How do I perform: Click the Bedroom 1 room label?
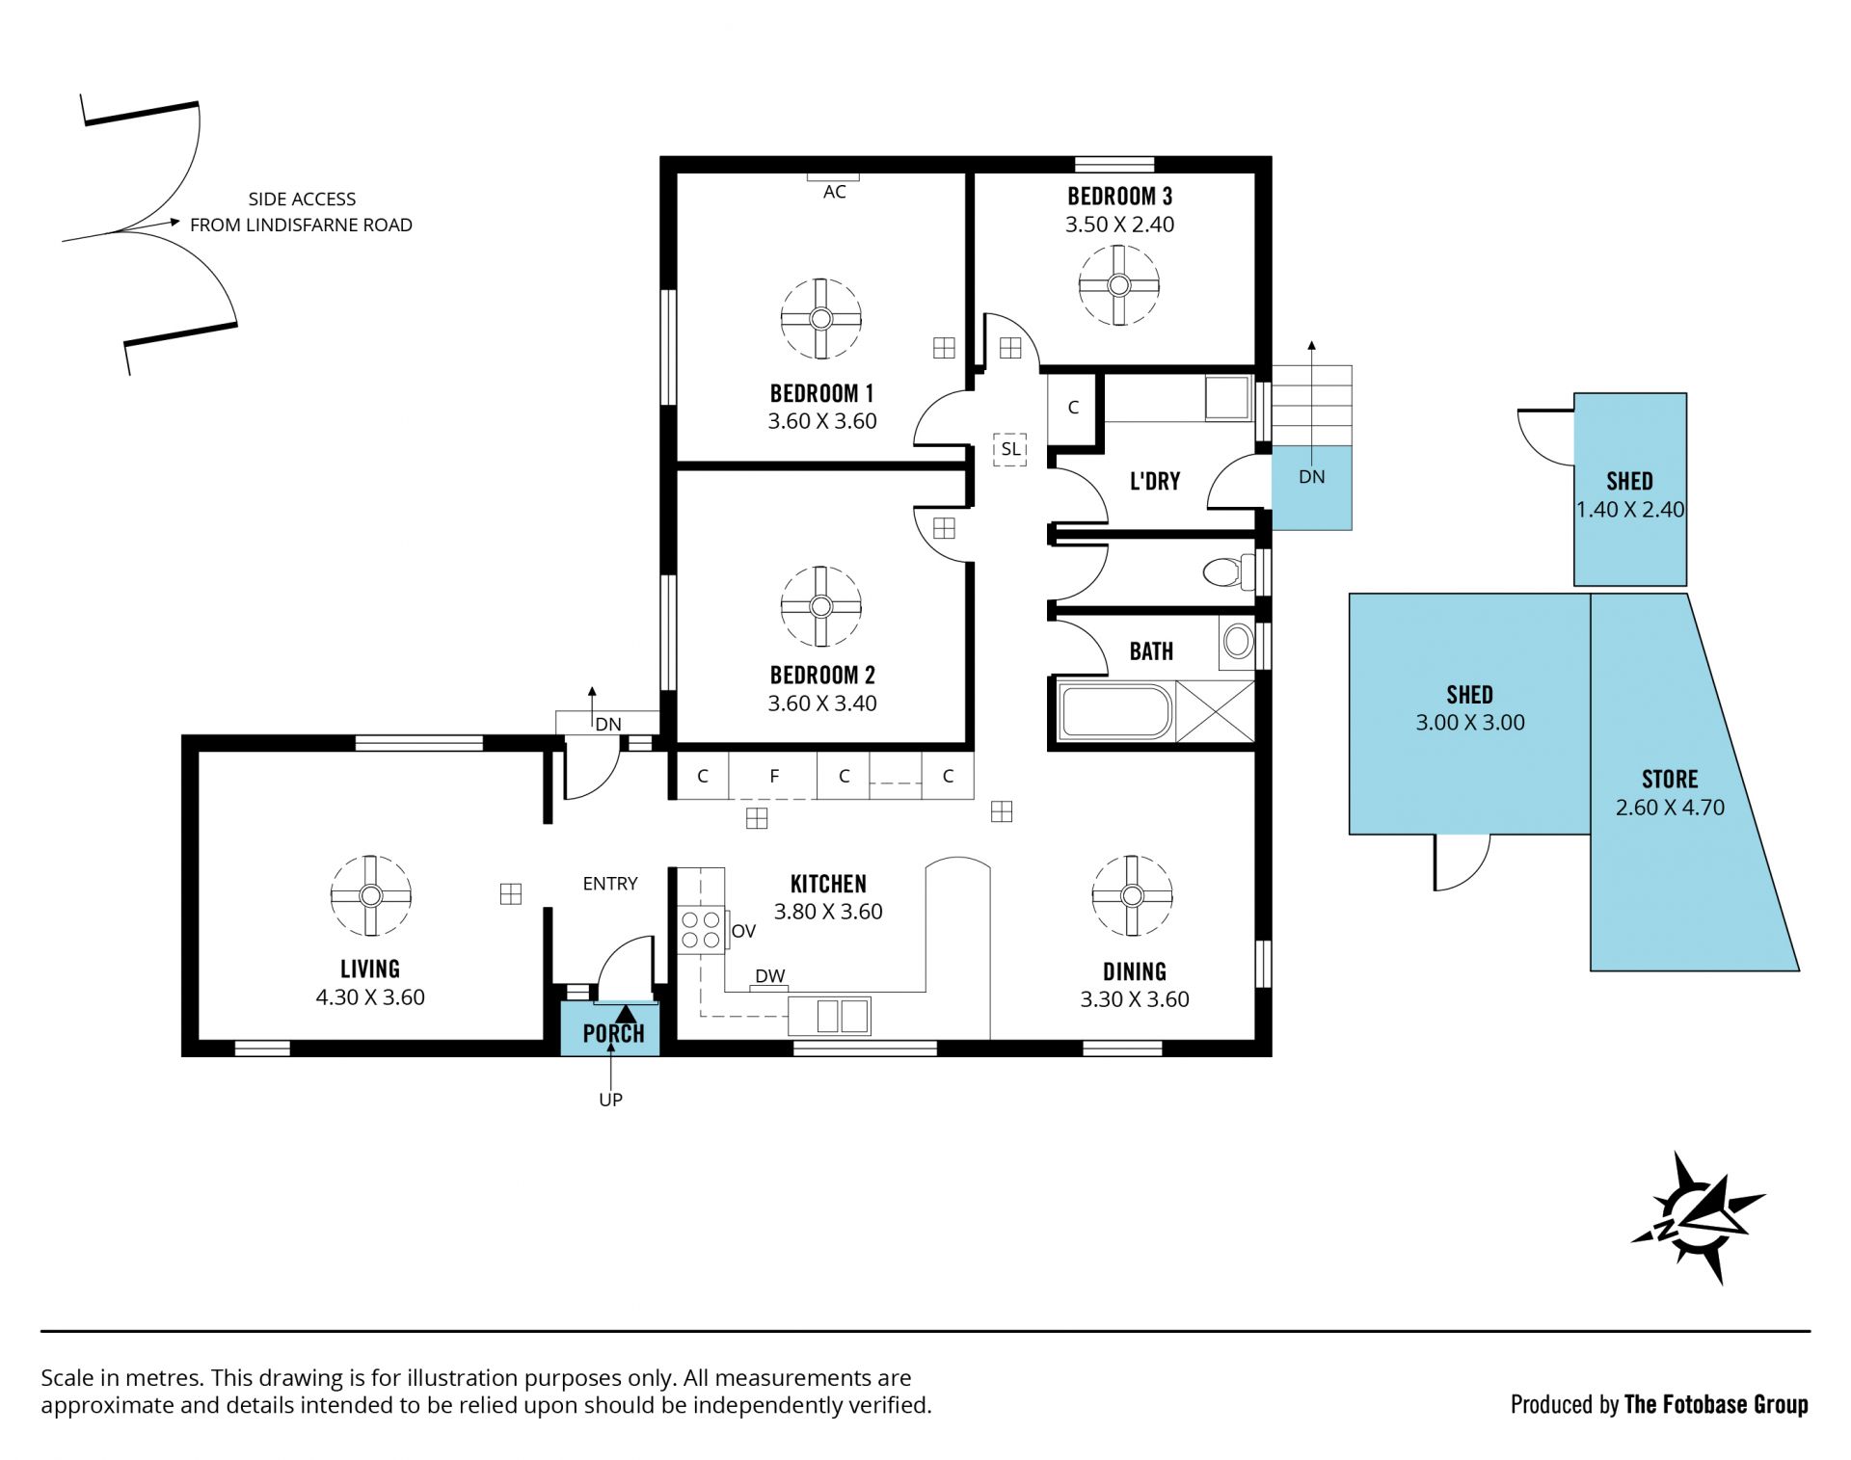click(821, 393)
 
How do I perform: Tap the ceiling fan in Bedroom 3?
click(1118, 285)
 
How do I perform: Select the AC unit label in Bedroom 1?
click(835, 192)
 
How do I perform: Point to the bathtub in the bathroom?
click(1115, 712)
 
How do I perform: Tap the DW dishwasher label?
click(770, 976)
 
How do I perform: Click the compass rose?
click(1698, 1218)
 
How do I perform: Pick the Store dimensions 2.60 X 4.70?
click(1670, 808)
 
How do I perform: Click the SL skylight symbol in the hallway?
click(1010, 449)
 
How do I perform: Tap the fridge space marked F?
click(773, 776)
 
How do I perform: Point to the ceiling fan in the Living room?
click(371, 895)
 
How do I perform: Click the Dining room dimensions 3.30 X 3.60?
click(1135, 999)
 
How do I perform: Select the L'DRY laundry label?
click(1155, 481)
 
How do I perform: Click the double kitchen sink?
click(829, 1016)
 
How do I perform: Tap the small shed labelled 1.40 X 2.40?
click(1630, 489)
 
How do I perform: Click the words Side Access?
click(302, 199)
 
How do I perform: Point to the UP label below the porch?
click(610, 1100)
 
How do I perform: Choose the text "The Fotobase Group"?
click(1716, 1404)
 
